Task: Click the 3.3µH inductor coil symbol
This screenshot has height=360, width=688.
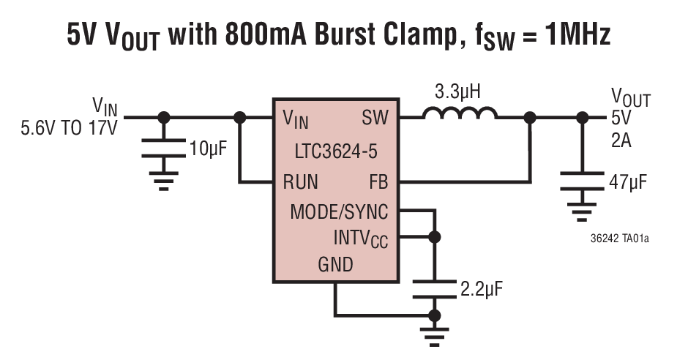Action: click(x=460, y=115)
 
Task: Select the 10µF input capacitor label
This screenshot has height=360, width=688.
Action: click(x=208, y=149)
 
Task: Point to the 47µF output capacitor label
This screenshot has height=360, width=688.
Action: click(x=627, y=181)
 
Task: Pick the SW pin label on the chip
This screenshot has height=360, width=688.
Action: click(x=375, y=118)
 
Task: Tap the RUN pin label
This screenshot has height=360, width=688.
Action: click(x=301, y=181)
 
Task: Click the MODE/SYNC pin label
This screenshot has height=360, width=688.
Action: click(x=339, y=212)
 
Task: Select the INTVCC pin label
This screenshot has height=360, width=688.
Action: click(x=362, y=238)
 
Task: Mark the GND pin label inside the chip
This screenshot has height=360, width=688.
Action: click(x=335, y=264)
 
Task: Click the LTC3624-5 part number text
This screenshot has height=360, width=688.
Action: click(x=336, y=150)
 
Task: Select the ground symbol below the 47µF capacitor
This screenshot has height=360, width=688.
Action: click(x=583, y=213)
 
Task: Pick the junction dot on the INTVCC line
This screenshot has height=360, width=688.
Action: click(x=435, y=237)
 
